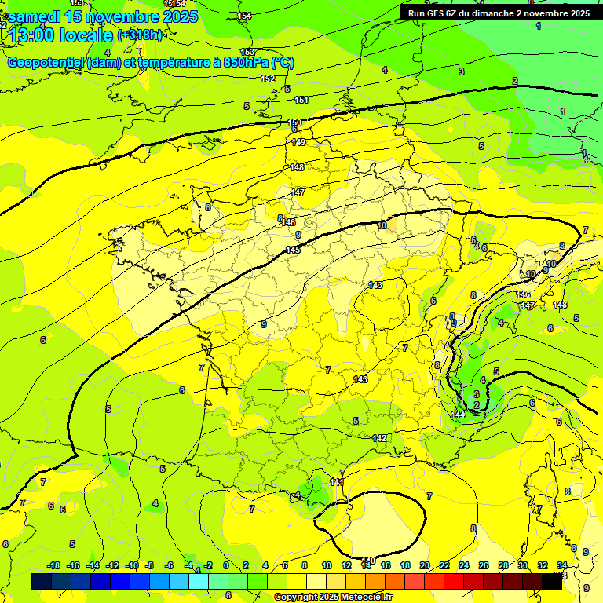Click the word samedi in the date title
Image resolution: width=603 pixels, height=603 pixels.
click(x=35, y=16)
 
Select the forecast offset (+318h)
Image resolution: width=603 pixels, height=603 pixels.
click(x=140, y=35)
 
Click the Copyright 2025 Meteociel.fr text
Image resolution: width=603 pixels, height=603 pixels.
click(x=333, y=597)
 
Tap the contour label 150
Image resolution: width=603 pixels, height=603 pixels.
click(x=294, y=123)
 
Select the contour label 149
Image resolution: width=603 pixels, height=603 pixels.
click(x=298, y=142)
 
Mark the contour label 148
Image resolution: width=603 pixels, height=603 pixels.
click(x=297, y=167)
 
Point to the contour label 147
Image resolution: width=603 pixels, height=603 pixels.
click(x=298, y=192)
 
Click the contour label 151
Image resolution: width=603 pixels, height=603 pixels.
click(x=301, y=100)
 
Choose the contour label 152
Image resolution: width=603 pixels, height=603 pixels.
click(x=268, y=79)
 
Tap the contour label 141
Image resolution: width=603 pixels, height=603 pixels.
click(x=337, y=481)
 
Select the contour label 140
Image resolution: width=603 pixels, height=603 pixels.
click(x=368, y=560)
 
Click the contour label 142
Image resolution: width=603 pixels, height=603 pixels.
click(x=379, y=438)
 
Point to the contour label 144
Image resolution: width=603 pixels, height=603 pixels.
click(x=459, y=414)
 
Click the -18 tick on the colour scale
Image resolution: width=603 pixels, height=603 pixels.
click(x=54, y=565)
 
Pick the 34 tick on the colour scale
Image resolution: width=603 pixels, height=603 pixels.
click(x=562, y=565)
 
